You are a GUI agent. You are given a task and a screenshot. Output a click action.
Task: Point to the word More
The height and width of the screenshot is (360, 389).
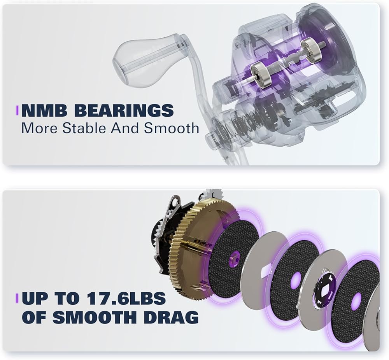click(x=40, y=128)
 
